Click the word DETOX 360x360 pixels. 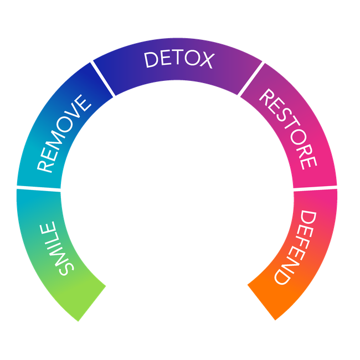coord(178,59)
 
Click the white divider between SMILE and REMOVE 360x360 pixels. coord(38,189)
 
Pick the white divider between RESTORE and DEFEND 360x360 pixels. coord(315,188)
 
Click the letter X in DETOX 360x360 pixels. coord(204,61)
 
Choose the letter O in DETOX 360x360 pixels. coord(190,59)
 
